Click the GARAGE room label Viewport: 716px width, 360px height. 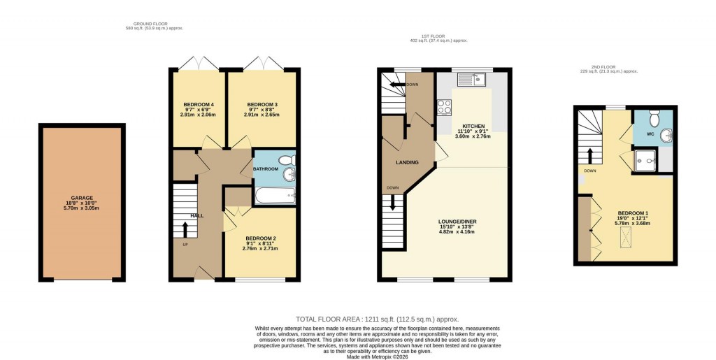tap(82, 198)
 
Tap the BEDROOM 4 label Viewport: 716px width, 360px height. tap(197, 105)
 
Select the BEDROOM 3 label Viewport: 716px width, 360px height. tap(262, 105)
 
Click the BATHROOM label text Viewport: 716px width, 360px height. tap(266, 169)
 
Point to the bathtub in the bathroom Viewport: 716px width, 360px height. tap(275, 194)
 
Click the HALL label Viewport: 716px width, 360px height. tap(197, 215)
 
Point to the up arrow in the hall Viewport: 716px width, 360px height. tap(185, 227)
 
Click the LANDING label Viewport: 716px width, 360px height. tap(407, 163)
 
